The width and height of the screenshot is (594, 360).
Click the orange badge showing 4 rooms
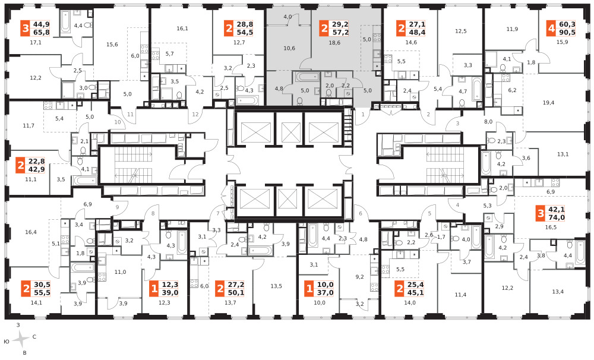click(x=551, y=29)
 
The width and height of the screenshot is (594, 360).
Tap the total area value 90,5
click(x=567, y=33)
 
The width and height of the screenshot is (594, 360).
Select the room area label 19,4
click(x=548, y=103)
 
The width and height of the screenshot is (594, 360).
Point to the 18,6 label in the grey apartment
click(x=334, y=43)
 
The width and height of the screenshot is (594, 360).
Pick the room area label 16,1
click(x=182, y=29)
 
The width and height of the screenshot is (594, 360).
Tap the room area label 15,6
click(x=112, y=45)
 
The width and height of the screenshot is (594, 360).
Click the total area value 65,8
click(x=42, y=33)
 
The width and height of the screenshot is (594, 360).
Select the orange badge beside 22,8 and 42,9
click(x=20, y=166)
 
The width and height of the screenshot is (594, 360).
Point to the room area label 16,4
click(x=31, y=232)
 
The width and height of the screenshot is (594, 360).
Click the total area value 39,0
click(x=170, y=292)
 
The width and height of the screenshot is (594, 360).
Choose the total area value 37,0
click(x=325, y=292)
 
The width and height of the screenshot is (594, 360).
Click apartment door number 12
click(x=195, y=115)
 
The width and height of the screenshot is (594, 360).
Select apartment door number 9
click(x=118, y=207)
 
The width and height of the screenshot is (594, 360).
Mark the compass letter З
click(x=18, y=325)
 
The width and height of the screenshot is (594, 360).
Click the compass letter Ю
click(x=6, y=342)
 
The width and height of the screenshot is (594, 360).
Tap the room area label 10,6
click(x=289, y=48)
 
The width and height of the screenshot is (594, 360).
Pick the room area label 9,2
click(x=359, y=277)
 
